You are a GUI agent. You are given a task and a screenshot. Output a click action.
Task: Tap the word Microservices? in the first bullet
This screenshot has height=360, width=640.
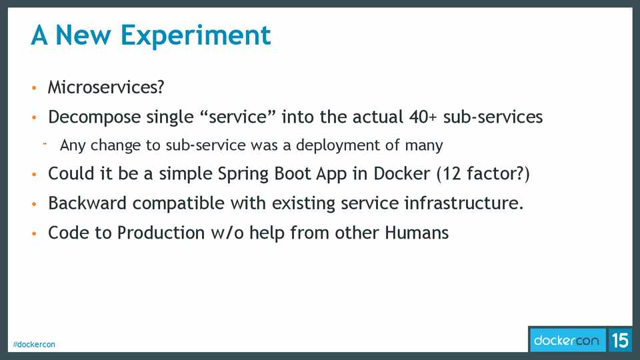pos(106,87)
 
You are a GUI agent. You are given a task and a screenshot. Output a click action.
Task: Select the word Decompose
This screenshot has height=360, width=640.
pos(94,117)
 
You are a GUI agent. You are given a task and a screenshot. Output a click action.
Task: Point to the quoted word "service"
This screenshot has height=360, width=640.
pos(238,117)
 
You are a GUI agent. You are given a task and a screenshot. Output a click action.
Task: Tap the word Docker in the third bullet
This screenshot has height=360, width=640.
pos(402,173)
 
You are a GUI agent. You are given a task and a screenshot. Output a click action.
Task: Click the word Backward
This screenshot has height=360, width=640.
pos(87,203)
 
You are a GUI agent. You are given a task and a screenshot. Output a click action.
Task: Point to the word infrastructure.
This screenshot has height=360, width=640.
pos(464,203)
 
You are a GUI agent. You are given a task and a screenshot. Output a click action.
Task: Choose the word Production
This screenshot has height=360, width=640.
pos(161,233)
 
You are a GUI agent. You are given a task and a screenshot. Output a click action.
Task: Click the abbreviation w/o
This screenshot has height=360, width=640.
pos(227,233)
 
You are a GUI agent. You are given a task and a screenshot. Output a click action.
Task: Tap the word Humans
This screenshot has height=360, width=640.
pos(417,233)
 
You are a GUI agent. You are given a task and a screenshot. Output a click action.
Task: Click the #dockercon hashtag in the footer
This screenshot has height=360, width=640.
pos(34,345)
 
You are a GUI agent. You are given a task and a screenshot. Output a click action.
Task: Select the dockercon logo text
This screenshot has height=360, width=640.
pos(567,341)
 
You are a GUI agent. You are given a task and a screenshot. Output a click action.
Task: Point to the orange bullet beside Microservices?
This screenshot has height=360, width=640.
pos(34,88)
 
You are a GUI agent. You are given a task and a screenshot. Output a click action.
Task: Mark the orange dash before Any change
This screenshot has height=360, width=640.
pos(45,143)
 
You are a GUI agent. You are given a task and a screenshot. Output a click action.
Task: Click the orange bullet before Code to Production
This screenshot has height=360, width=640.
pos(34,233)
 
